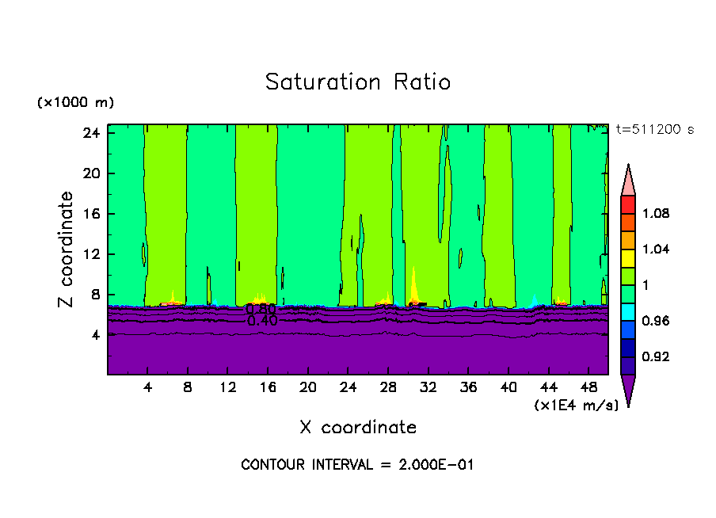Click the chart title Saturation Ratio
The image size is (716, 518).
pos(357,82)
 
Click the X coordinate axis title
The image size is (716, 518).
pos(358,428)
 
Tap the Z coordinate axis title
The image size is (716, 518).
pos(67,249)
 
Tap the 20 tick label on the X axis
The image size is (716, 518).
pos(308,388)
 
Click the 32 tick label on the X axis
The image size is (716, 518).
pos(428,388)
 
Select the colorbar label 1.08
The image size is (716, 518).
pos(656,213)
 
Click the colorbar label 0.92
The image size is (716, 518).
pos(656,357)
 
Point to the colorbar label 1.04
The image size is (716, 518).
pos(656,249)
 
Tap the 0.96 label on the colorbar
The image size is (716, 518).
pos(656,321)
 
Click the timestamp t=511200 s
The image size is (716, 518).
pos(654,130)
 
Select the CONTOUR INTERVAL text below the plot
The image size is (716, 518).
pos(357,465)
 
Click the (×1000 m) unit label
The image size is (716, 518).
pos(75,103)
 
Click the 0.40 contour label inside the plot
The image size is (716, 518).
pos(261,322)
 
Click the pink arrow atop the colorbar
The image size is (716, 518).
pos(627,180)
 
